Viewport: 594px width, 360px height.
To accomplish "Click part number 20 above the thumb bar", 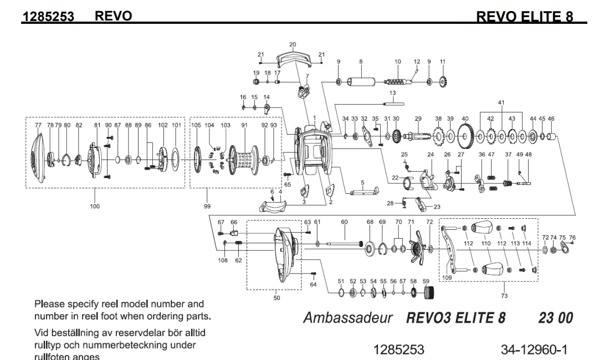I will pyautogui.click(x=293, y=44).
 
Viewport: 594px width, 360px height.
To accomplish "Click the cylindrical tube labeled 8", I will pyautogui.click(x=361, y=83).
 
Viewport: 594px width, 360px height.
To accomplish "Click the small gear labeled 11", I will pyautogui.click(x=442, y=83).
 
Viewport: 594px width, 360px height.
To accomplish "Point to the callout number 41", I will pyautogui.click(x=501, y=102).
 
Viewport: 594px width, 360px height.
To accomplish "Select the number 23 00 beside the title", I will pyautogui.click(x=555, y=319).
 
